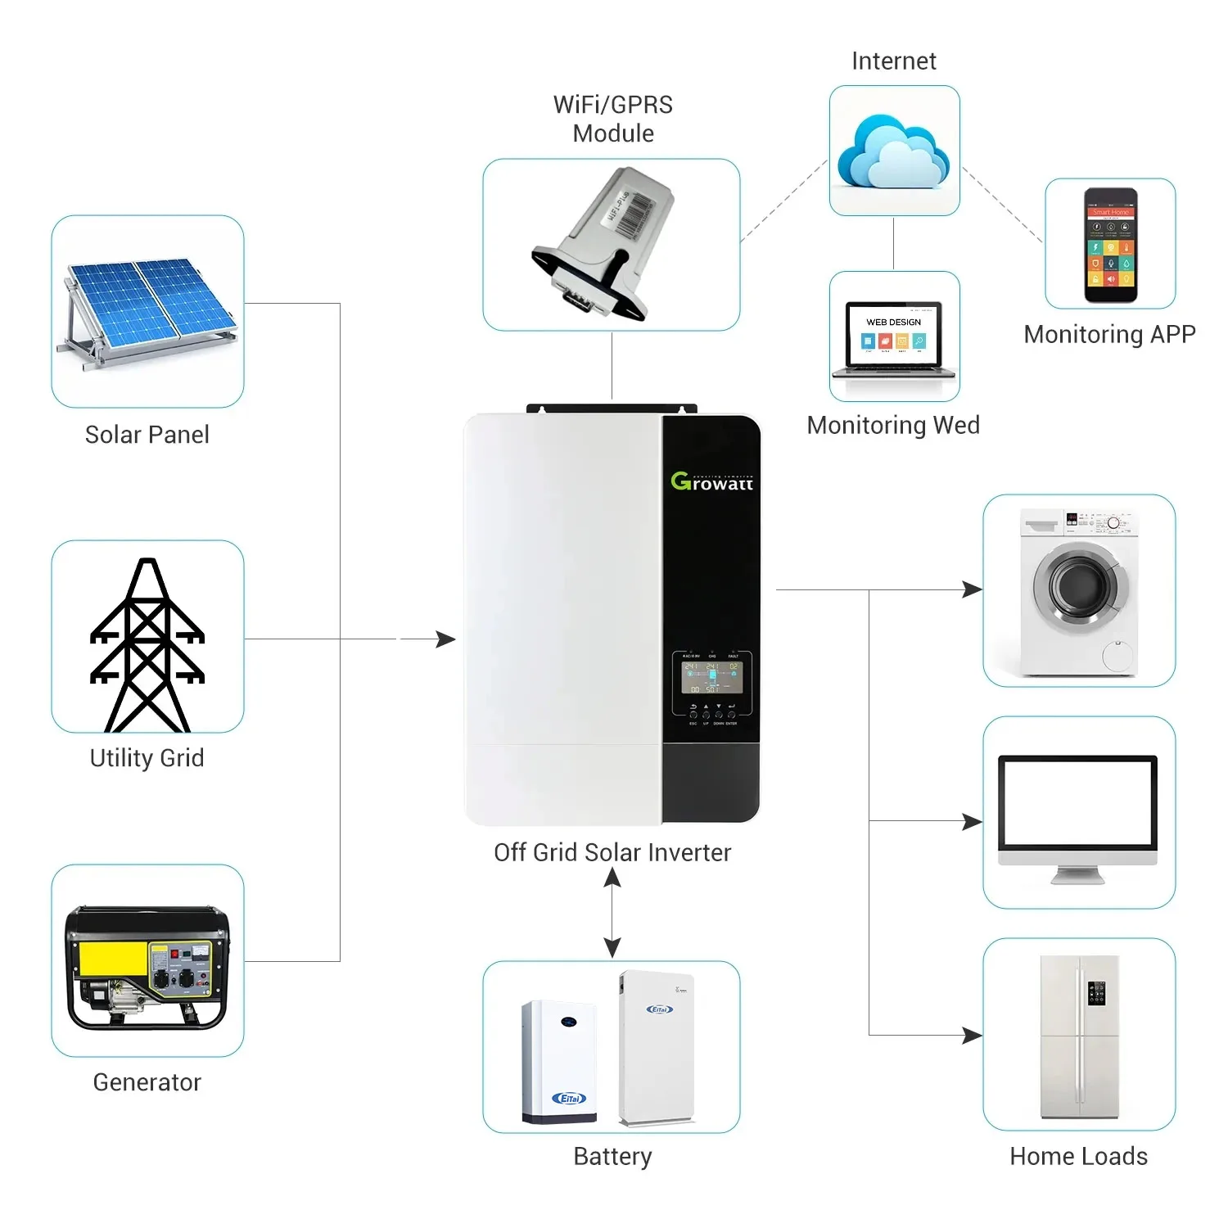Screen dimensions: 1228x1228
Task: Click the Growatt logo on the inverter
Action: pyautogui.click(x=711, y=482)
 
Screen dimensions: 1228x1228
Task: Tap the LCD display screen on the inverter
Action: pyautogui.click(x=712, y=677)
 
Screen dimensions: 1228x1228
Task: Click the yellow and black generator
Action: pyautogui.click(x=147, y=966)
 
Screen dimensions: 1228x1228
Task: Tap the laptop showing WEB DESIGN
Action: pyautogui.click(x=894, y=339)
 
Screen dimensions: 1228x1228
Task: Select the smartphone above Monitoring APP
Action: pyautogui.click(x=1110, y=245)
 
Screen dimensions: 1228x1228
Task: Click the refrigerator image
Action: pyautogui.click(x=1079, y=1036)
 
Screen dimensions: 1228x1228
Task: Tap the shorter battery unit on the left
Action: pyautogui.click(x=559, y=1061)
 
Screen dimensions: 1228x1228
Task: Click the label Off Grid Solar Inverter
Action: pyautogui.click(x=612, y=852)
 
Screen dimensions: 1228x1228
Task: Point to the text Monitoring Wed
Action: pyautogui.click(x=893, y=425)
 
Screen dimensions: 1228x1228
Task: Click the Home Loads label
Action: pyautogui.click(x=1078, y=1156)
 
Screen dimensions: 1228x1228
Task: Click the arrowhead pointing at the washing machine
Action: pyautogui.click(x=973, y=589)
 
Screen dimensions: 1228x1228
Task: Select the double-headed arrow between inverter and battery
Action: pyautogui.click(x=612, y=912)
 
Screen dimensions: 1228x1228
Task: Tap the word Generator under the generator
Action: pyautogui.click(x=147, y=1082)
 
